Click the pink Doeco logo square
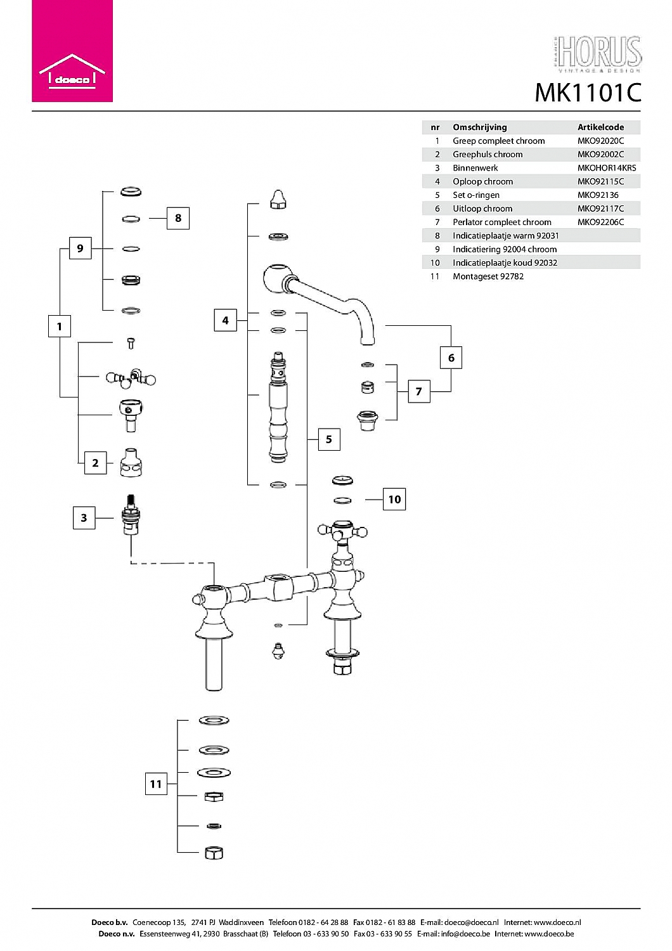click(x=72, y=51)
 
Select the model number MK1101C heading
click(x=588, y=93)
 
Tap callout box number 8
click(x=178, y=218)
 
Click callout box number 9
click(x=81, y=249)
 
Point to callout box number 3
click(x=84, y=517)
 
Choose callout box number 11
click(x=156, y=784)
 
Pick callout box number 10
click(x=394, y=500)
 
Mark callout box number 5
click(x=329, y=439)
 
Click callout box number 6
click(x=451, y=358)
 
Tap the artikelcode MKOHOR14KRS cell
click(x=607, y=168)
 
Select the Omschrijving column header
click(x=480, y=127)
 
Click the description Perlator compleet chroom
click(x=501, y=222)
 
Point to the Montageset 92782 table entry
click(x=488, y=276)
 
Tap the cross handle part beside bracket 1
click(x=131, y=378)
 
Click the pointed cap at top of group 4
click(x=278, y=199)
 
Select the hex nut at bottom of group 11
click(x=214, y=853)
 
